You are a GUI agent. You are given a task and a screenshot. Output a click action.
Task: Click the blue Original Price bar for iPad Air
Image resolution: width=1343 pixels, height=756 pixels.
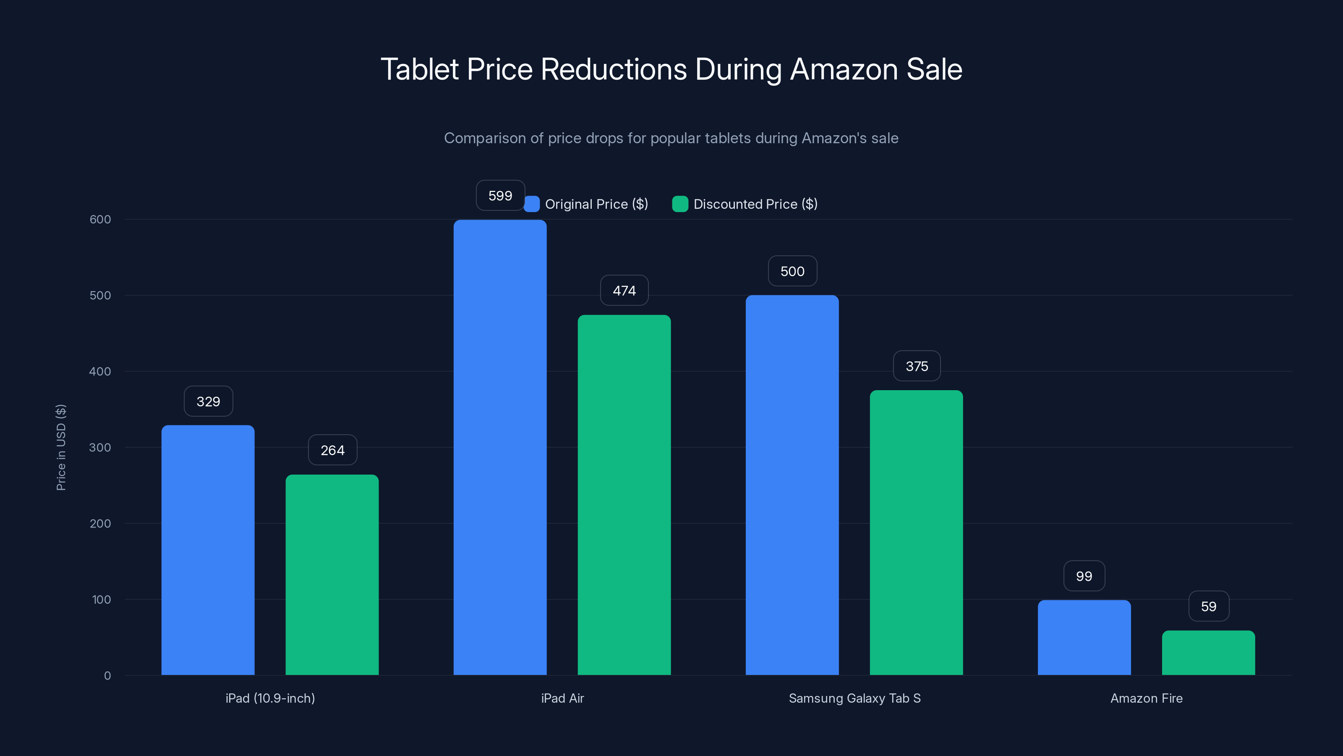[499, 447]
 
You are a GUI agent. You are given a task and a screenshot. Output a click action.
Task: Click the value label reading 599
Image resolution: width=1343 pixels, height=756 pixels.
[500, 196]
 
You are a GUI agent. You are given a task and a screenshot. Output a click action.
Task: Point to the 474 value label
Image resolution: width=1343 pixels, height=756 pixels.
[624, 291]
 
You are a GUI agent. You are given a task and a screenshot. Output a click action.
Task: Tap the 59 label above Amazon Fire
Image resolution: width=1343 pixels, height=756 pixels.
[1209, 606]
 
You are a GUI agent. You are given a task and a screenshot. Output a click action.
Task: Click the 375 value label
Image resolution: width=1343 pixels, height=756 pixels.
[917, 366]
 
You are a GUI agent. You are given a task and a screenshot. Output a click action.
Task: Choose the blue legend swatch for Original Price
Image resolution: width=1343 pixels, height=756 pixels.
[531, 204]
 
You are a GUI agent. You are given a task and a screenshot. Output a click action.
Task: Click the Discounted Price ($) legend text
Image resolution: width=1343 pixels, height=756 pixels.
[755, 204]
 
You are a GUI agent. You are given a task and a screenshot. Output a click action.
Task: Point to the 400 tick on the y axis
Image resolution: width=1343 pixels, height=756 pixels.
[100, 371]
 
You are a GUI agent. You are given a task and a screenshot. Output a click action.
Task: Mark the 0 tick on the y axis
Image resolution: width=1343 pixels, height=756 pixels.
[107, 676]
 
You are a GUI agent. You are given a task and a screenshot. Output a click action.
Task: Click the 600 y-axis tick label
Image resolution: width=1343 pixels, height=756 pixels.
[100, 220]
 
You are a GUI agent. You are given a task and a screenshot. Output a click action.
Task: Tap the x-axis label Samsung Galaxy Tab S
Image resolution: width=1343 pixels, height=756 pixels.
[854, 698]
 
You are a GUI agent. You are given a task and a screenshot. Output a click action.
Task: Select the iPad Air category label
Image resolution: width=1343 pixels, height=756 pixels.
[562, 698]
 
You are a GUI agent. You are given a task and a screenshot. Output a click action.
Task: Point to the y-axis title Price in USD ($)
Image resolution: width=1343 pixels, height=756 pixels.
[61, 447]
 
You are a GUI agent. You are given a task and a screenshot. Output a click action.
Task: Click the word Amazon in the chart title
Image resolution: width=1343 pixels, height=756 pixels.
[844, 69]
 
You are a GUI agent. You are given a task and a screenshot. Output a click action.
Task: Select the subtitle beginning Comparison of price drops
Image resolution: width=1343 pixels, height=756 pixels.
[671, 138]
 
